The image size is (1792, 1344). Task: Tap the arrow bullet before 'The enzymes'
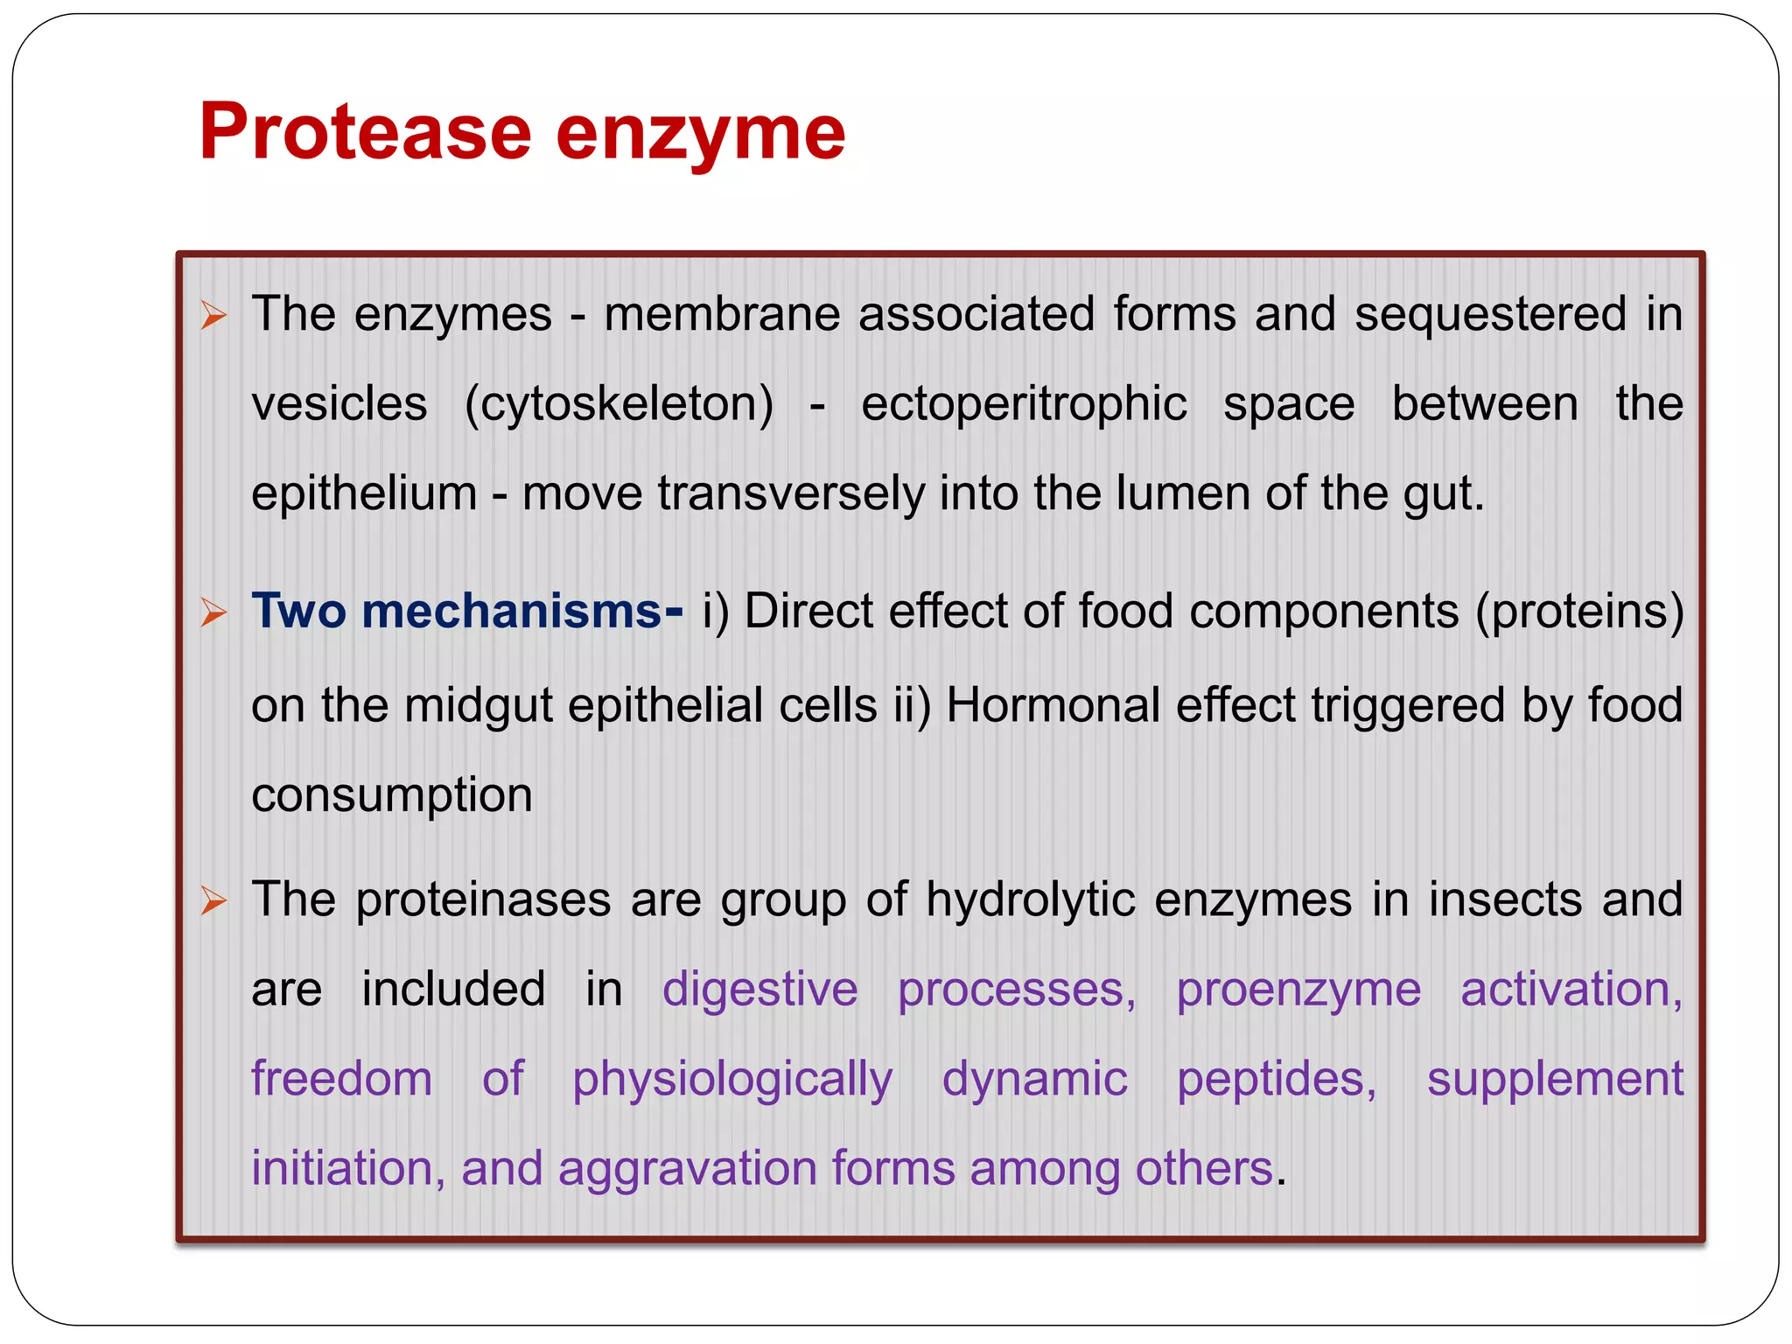click(x=213, y=315)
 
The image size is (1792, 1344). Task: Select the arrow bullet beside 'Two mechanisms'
click(x=213, y=612)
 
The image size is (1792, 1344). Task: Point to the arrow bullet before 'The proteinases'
click(x=213, y=900)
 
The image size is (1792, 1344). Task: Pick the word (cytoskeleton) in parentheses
click(x=619, y=404)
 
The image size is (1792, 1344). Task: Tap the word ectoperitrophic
click(x=1024, y=404)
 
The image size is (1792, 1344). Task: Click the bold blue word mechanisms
click(x=512, y=611)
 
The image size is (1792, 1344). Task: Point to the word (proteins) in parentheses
click(x=1579, y=611)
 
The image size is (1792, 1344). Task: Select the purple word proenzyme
click(x=1298, y=990)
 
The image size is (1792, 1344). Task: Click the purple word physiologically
click(x=732, y=1080)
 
